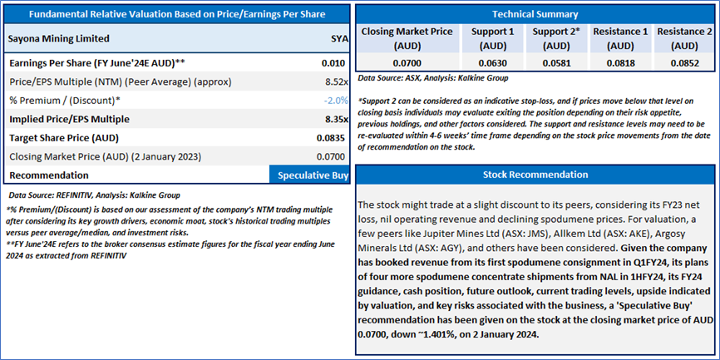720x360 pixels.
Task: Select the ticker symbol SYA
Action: (338, 38)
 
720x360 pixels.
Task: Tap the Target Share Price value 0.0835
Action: (331, 137)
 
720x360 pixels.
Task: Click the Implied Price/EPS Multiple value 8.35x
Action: (333, 119)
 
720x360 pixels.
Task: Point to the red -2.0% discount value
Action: (335, 101)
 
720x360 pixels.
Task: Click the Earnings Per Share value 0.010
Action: (334, 63)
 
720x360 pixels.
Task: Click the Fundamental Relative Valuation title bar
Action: (177, 14)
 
